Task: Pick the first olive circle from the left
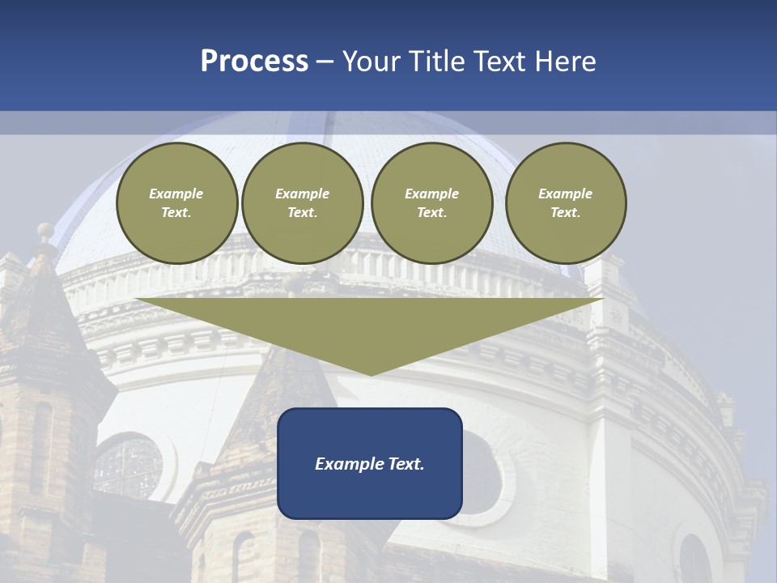(x=176, y=203)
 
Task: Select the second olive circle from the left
(x=302, y=203)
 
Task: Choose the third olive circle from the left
(x=431, y=203)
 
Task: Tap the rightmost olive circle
(x=565, y=203)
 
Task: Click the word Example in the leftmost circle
(x=176, y=194)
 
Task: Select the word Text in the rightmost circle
(x=565, y=213)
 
